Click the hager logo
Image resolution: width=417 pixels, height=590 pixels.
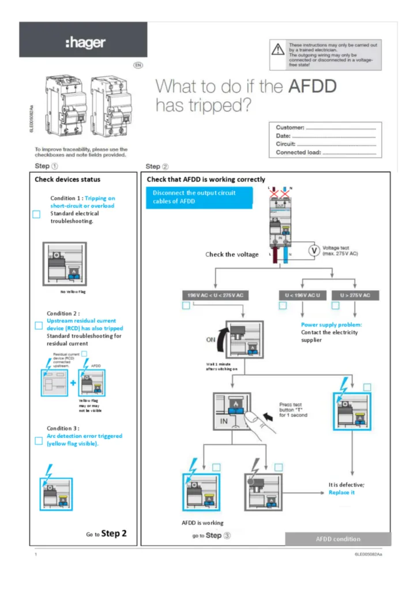85,42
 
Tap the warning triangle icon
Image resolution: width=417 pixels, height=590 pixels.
278,50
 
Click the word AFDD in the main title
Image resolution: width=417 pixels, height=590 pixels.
312,86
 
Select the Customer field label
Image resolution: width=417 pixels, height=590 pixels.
290,127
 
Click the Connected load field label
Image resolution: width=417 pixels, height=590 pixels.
298,153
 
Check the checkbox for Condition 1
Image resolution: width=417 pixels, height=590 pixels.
36,214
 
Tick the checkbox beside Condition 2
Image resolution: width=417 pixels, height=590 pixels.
39,325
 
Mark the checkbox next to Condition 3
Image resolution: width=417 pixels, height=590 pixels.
39,441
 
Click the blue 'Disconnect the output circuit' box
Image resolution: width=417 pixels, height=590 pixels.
200,197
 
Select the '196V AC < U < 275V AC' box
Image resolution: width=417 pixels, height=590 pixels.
215,296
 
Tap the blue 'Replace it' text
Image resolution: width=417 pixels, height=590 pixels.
341,493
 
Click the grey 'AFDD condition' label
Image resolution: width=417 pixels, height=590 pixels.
338,539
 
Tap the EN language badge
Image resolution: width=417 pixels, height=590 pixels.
138,65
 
